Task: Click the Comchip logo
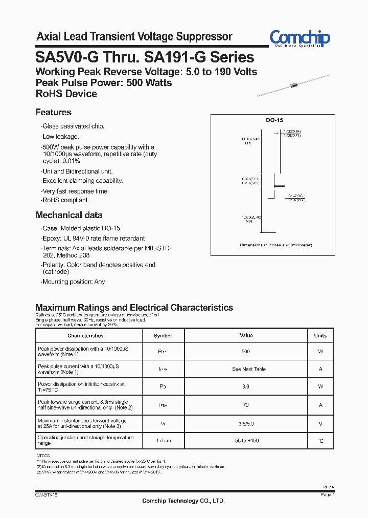pos(300,38)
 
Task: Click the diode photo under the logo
pos(292,85)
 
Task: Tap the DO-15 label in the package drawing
pos(274,120)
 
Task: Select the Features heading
pos(54,112)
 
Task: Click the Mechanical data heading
pos(69,215)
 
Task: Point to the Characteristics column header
pos(85,336)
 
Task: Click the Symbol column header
pos(163,336)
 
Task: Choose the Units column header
pos(320,336)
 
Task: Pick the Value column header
pos(246,336)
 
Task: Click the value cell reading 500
pos(246,352)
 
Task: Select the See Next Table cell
pos(249,369)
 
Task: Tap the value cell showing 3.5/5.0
pos(246,424)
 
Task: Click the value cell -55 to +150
pos(246,441)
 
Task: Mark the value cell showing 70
pos(246,405)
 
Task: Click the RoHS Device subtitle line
pos(66,94)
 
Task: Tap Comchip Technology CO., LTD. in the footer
pos(183,501)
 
